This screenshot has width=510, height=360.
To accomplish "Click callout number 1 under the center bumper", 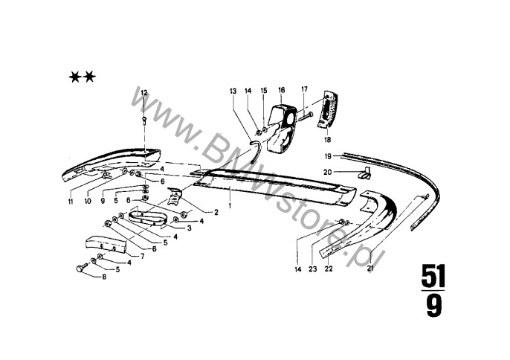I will click(x=230, y=202).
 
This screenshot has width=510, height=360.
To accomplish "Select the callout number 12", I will click(x=144, y=92).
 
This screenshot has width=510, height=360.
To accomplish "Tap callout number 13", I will click(x=233, y=91).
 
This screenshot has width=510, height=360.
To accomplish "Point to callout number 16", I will click(x=282, y=90).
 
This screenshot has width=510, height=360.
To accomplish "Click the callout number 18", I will click(x=326, y=138).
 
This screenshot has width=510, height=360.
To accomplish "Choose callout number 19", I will click(x=328, y=155).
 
